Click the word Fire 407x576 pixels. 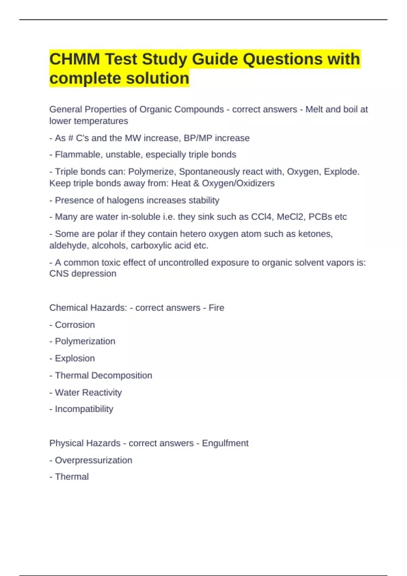click(216, 308)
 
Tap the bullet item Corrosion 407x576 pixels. click(75, 325)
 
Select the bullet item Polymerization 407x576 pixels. click(85, 341)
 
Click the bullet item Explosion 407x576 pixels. click(75, 358)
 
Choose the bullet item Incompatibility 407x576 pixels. click(84, 409)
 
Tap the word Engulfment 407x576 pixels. click(225, 443)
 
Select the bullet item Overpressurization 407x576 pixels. click(93, 460)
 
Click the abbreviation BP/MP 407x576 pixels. click(198, 138)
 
